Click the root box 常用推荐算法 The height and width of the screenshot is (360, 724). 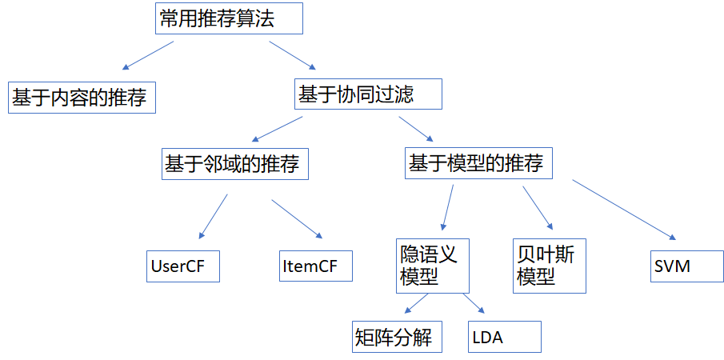click(228, 18)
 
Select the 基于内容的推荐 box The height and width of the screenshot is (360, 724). click(82, 97)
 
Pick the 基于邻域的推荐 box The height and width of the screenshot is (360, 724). click(234, 164)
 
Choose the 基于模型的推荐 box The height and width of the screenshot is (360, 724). click(479, 163)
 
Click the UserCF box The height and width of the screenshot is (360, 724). click(183, 266)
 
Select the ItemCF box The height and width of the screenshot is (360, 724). click(316, 266)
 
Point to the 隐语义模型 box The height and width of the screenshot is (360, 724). click(431, 266)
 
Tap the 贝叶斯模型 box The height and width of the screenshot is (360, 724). click(550, 266)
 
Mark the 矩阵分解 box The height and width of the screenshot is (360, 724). click(397, 337)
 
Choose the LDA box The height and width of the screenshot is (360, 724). click(504, 337)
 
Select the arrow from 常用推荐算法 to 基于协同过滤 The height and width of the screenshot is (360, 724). click(294, 55)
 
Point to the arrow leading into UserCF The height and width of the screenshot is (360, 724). click(214, 217)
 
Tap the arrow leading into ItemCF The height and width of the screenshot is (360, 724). click(297, 218)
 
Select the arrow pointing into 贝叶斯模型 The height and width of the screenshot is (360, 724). click(538, 207)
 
